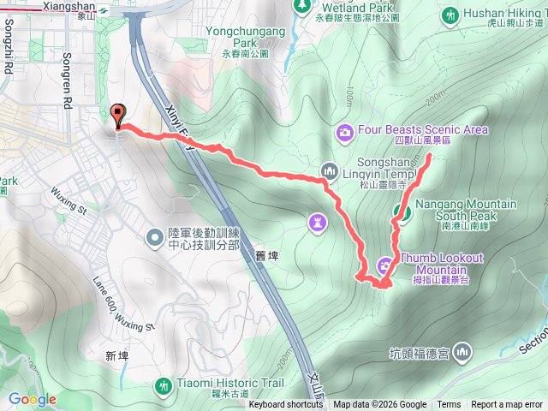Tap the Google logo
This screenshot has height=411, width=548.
(33, 399)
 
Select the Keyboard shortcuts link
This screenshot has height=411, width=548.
(286, 405)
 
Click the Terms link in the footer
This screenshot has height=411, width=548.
(449, 405)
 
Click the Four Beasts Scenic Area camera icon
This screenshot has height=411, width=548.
(344, 131)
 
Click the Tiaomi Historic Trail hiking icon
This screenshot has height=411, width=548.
(163, 387)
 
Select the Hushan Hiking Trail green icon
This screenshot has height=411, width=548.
(451, 15)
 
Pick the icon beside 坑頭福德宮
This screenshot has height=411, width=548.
(462, 351)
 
